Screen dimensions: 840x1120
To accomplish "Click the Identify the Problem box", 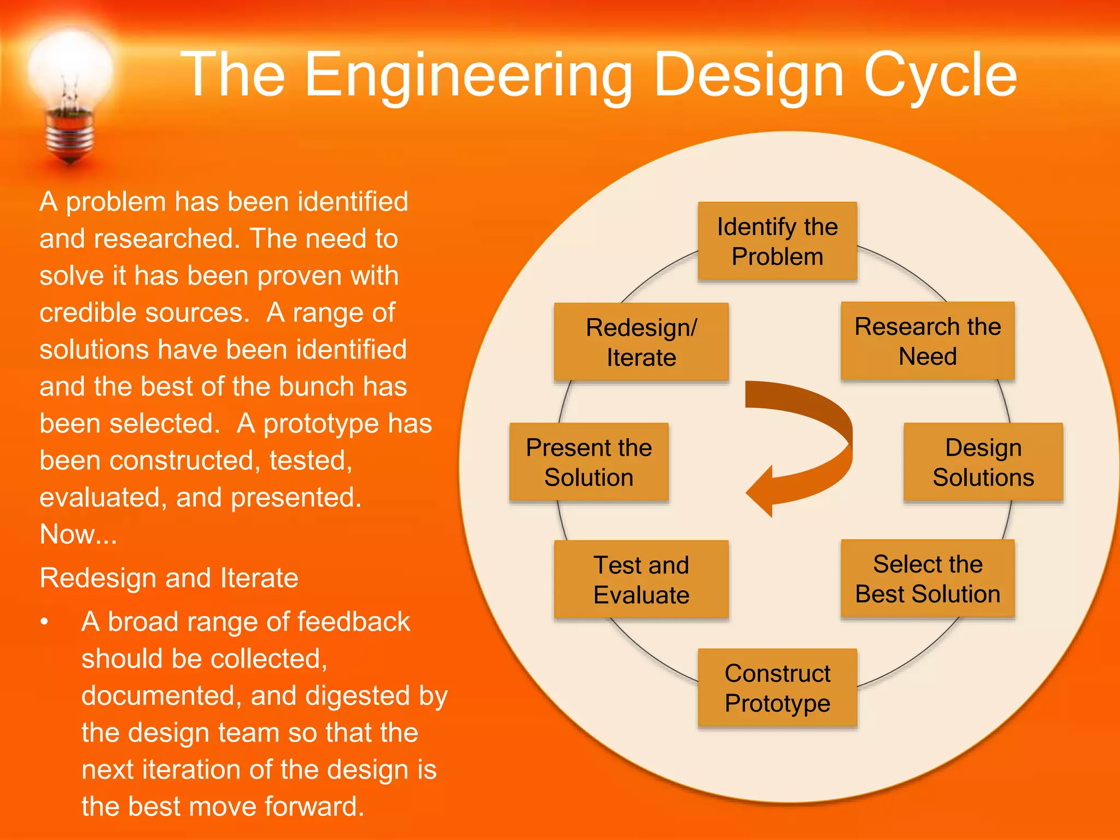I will pos(777,241).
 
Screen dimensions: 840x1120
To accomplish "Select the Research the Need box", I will pos(927,341).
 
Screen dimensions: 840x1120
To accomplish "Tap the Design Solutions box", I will pos(983,462).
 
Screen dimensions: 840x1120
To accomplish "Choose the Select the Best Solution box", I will pos(927,579).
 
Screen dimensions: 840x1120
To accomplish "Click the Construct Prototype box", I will pos(777,688).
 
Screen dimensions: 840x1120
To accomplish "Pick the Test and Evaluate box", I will pos(641,580).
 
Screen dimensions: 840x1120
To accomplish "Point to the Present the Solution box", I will pos(588,462).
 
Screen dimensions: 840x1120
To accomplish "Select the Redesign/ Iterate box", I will pos(641,342).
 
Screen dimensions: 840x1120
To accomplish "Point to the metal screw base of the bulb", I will pos(69,137).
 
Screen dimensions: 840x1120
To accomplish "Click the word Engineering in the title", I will pos(468,75).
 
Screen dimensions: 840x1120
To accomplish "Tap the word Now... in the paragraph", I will pos(78,534).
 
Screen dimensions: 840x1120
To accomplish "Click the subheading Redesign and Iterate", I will pos(169,578).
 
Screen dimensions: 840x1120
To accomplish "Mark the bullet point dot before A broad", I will pos(45,622).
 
